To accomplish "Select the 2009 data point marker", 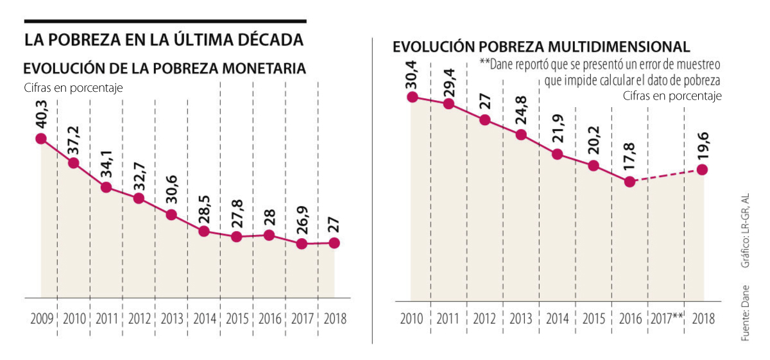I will (x=41, y=139).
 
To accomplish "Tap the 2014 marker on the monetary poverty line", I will (x=204, y=232).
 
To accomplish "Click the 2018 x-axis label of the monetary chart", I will (x=335, y=319).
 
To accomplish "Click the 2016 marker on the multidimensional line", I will (x=630, y=182).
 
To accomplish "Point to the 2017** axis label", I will (x=666, y=318).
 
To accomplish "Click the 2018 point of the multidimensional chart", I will (x=703, y=170).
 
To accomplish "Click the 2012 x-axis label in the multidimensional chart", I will (x=484, y=318).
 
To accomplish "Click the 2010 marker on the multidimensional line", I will (x=412, y=97).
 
